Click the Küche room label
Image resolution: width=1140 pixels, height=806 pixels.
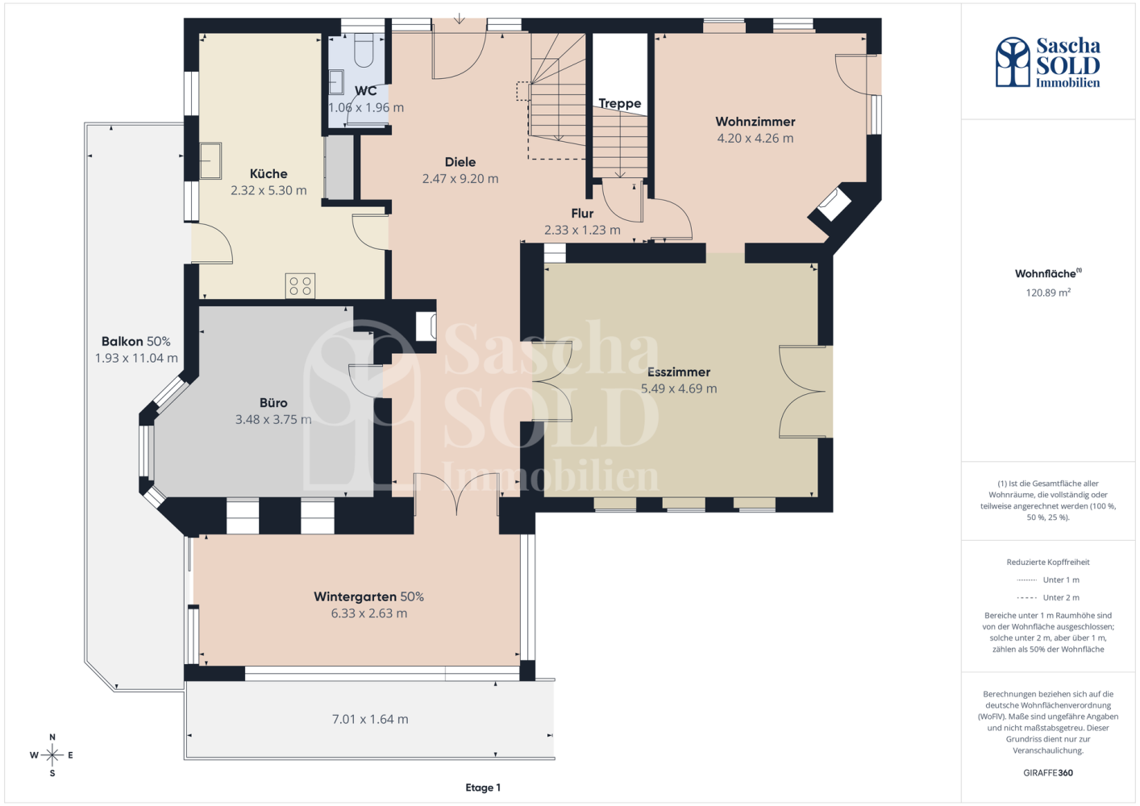[268, 173]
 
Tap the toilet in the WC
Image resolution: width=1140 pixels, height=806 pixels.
[364, 50]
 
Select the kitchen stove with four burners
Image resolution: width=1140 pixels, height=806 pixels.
[300, 285]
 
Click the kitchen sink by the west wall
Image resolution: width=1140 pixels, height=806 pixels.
[210, 160]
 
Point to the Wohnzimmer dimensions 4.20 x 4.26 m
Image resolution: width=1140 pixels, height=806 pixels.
[755, 138]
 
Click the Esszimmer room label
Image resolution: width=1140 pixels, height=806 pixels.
[678, 372]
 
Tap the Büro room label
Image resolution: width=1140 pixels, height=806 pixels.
[273, 402]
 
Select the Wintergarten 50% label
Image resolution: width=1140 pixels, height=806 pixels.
[368, 596]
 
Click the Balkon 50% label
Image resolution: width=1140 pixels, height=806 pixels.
[136, 341]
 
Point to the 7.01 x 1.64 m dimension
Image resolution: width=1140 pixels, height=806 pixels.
[370, 719]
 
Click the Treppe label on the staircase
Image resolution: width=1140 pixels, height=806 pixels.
[619, 104]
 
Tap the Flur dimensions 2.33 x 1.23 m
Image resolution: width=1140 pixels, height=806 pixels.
[582, 230]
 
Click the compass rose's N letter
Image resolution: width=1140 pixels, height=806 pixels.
[52, 737]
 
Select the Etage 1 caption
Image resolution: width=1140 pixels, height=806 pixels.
[483, 787]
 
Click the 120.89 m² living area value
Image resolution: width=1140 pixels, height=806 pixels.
[1048, 293]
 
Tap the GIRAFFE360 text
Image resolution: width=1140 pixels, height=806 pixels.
[1048, 773]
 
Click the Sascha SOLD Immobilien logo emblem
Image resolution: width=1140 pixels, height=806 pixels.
[1013, 61]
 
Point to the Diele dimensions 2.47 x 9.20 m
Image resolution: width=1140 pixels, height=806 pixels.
[460, 179]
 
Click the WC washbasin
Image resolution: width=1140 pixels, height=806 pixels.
[336, 82]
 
